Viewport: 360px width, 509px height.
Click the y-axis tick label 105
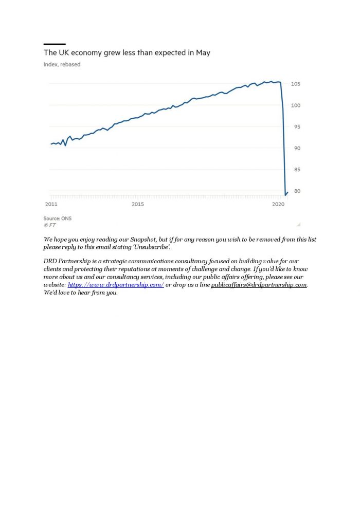pos(295,84)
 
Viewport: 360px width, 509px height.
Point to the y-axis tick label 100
pos(295,105)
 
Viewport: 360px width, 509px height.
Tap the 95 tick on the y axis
pos(297,127)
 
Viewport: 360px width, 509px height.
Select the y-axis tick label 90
pos(297,149)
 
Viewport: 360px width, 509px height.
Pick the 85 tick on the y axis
pos(297,170)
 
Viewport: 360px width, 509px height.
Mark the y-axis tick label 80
pos(297,191)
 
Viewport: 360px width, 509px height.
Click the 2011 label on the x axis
pos(51,204)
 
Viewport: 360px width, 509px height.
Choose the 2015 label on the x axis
pos(138,204)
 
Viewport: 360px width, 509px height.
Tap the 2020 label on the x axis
pos(278,204)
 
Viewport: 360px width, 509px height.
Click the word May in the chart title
pos(203,53)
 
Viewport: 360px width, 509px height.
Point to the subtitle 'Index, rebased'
pos(62,64)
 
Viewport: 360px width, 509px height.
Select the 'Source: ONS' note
pos(58,219)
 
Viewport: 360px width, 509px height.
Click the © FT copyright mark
pos(50,225)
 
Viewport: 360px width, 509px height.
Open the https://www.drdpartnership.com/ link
pos(116,285)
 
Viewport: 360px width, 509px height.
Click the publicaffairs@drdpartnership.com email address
pos(259,285)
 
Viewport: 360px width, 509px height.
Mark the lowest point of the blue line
pos(285,195)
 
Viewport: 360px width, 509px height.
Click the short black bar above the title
pos(55,44)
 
